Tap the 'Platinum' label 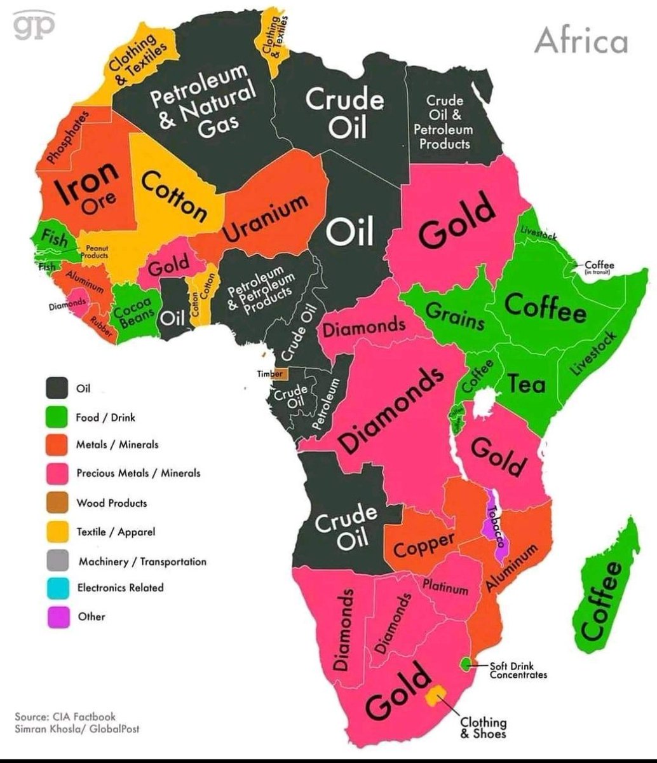pos(445,586)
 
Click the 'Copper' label pos(424,544)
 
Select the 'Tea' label pos(526,384)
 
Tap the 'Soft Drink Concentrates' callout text pos(518,670)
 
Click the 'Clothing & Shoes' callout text pos(484,727)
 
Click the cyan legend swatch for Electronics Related pos(57,588)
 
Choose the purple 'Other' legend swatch pos(57,617)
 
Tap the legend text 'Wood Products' pos(111,503)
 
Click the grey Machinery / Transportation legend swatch pos(57,560)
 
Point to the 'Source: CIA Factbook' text pos(65,717)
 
